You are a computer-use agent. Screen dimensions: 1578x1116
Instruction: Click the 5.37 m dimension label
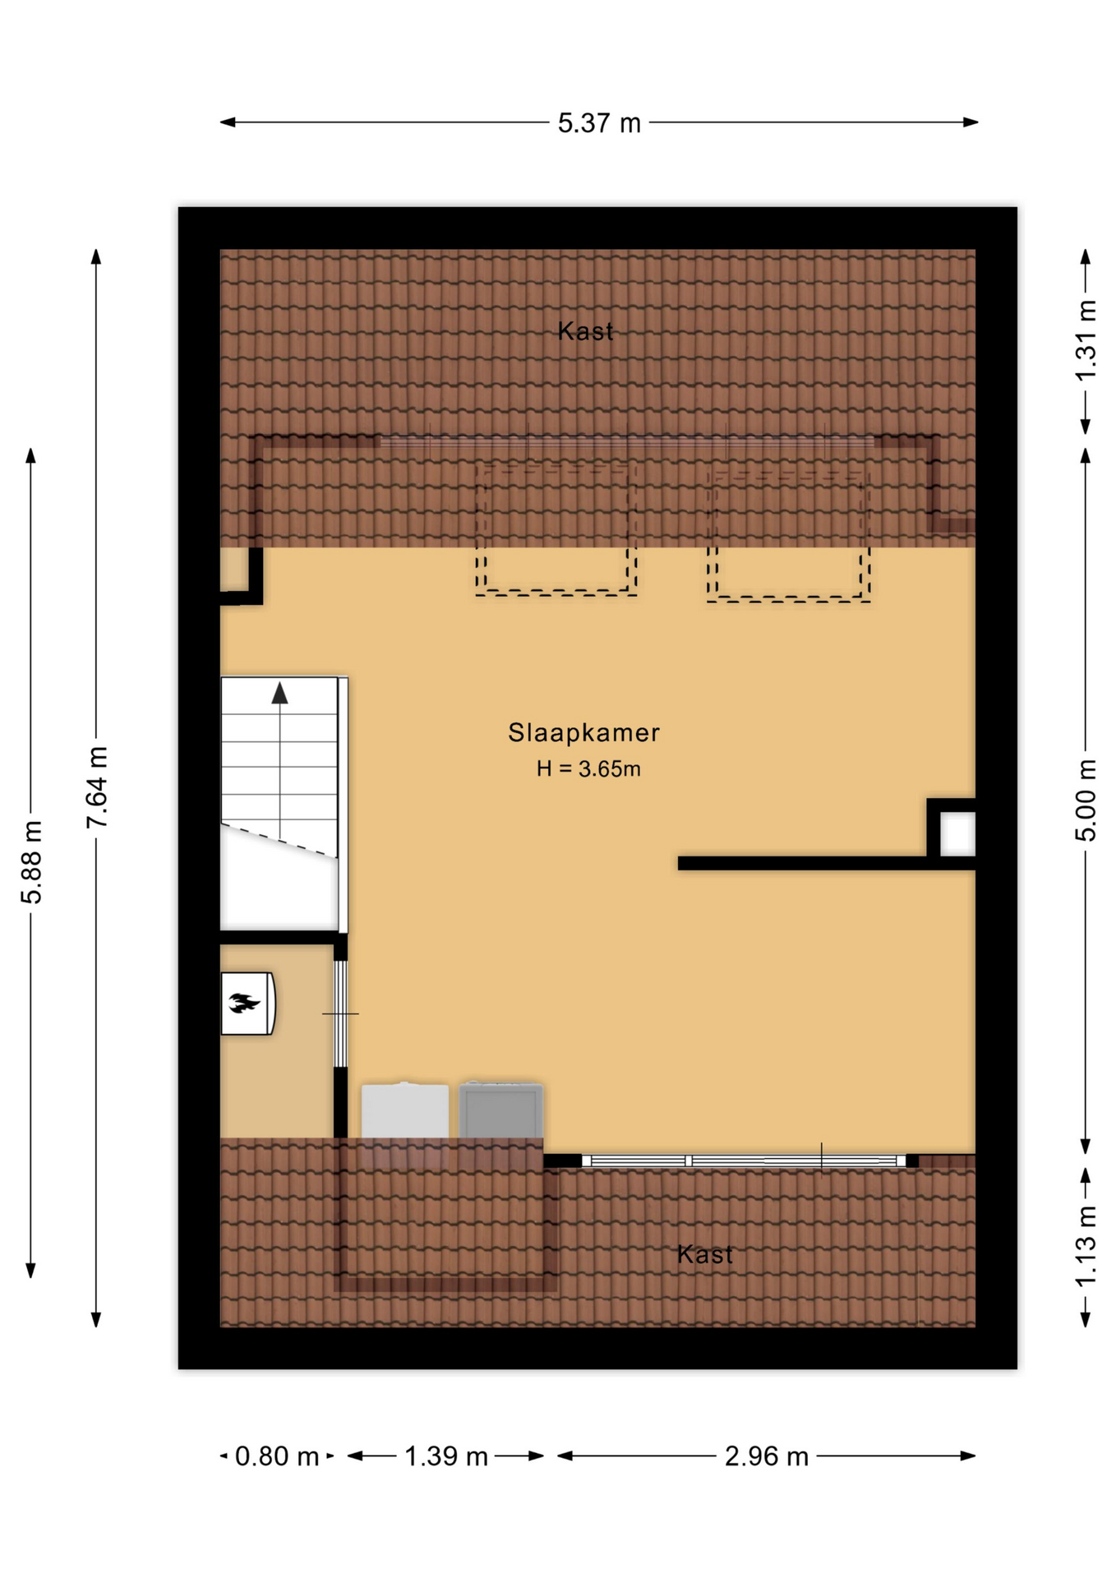598,123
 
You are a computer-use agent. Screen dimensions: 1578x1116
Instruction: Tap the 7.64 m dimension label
97,787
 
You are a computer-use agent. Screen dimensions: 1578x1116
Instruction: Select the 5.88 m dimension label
31,861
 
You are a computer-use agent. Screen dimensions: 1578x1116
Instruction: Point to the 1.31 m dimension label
1086,340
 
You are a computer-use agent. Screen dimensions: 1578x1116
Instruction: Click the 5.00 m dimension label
1086,800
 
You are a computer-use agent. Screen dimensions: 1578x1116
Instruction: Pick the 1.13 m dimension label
1086,1246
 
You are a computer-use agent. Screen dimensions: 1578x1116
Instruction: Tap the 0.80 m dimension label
276,1456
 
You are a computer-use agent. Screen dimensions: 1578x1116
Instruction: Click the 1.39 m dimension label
445,1456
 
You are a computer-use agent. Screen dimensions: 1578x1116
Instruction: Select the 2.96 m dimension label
766,1456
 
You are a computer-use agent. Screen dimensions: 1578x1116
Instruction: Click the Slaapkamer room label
583,732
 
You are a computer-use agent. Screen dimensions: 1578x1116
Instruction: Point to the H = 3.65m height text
588,769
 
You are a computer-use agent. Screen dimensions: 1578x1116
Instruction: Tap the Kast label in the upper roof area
585,331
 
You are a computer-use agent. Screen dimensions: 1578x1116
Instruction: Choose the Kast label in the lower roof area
704,1254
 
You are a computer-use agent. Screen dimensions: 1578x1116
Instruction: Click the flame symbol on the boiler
244,1003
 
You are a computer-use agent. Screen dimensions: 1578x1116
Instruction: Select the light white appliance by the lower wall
405,1111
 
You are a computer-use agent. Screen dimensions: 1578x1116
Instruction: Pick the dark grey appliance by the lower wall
500,1110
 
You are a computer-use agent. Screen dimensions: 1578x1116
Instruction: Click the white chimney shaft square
957,833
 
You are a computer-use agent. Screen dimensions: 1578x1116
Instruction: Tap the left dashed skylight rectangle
556,528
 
